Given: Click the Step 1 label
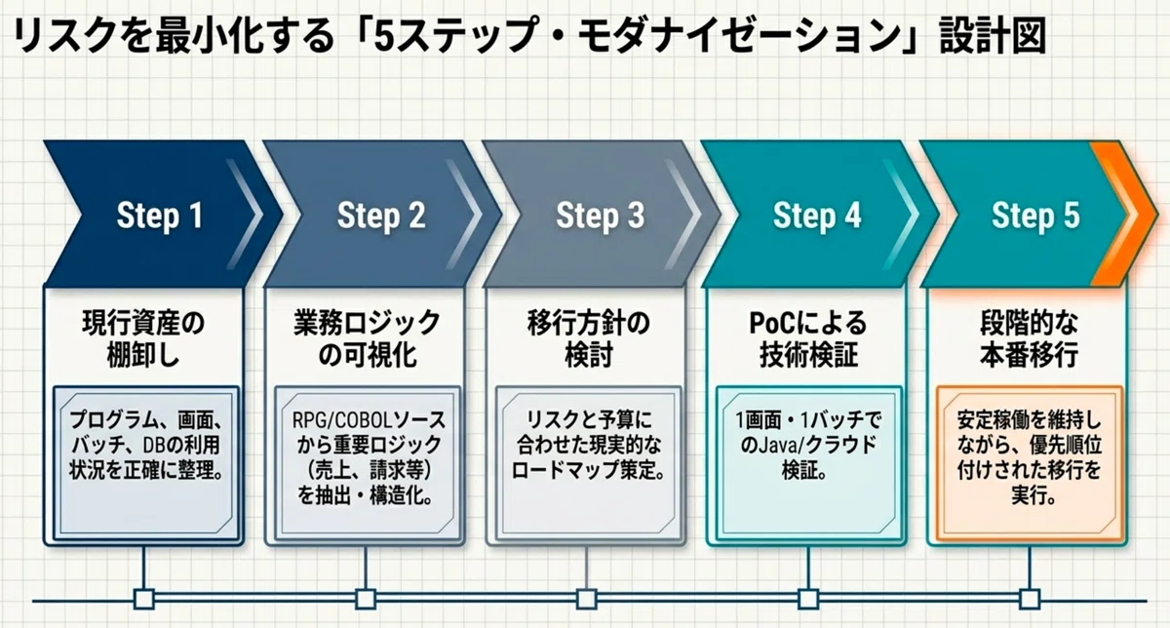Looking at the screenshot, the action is tap(160, 216).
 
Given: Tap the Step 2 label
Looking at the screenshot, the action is tap(381, 216).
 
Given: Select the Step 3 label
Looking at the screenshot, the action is tap(601, 216).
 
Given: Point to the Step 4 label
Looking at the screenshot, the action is tap(817, 216).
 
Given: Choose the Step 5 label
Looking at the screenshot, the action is tap(1035, 216).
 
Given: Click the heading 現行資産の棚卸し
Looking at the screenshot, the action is tap(143, 339).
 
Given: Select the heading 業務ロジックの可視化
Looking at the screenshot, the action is tap(368, 339).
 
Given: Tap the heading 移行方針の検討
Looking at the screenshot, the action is tap(589, 339).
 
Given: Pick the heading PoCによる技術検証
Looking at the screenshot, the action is tap(808, 339).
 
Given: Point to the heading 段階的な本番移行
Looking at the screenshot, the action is tap(1030, 339).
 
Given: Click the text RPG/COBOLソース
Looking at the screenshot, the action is tap(369, 420).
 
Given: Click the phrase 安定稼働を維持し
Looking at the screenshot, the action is tap(1029, 420).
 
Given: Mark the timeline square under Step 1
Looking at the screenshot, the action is tap(144, 599).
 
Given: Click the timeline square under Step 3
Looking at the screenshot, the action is tap(587, 599).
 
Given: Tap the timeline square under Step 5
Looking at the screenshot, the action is tap(1030, 599).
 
